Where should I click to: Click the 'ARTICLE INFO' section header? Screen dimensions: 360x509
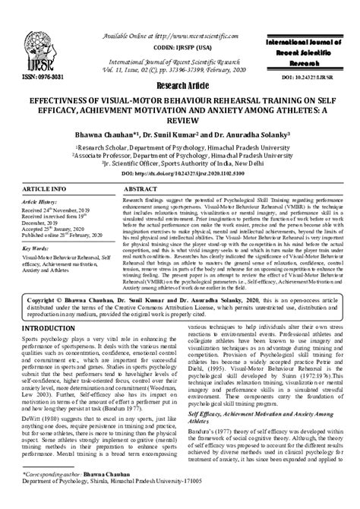tap(43, 187)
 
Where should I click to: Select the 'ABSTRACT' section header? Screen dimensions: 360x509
tap(141, 187)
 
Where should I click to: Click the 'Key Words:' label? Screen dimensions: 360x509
tap(33, 248)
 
